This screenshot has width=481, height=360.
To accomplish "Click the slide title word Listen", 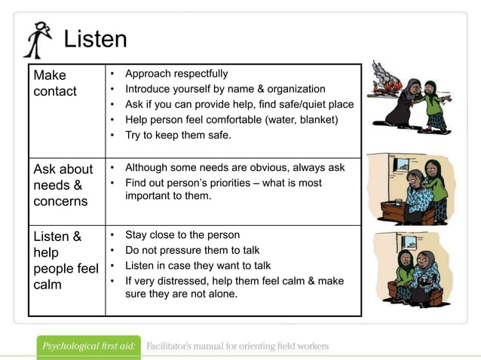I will tap(95, 39).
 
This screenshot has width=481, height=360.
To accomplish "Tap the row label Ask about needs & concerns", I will tap(63, 185).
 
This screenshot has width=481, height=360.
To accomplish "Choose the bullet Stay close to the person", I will tap(182, 235).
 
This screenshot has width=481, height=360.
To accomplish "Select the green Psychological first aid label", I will tap(89, 346).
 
